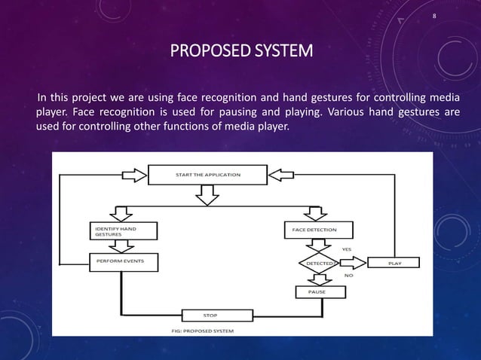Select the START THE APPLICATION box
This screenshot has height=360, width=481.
coord(208,175)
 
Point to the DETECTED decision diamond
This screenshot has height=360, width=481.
coord(319,264)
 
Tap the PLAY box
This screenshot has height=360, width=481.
coord(394,264)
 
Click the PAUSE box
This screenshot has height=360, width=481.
coord(317,291)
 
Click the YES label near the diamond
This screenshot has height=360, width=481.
coord(346,249)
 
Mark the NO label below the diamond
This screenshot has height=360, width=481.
coord(348,276)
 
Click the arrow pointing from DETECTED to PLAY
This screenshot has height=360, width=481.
coord(354,264)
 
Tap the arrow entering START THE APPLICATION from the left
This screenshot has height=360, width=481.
coord(134,175)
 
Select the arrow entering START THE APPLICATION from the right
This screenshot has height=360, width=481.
coord(283,175)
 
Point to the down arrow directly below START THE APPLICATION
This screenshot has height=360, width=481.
coord(209,197)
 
